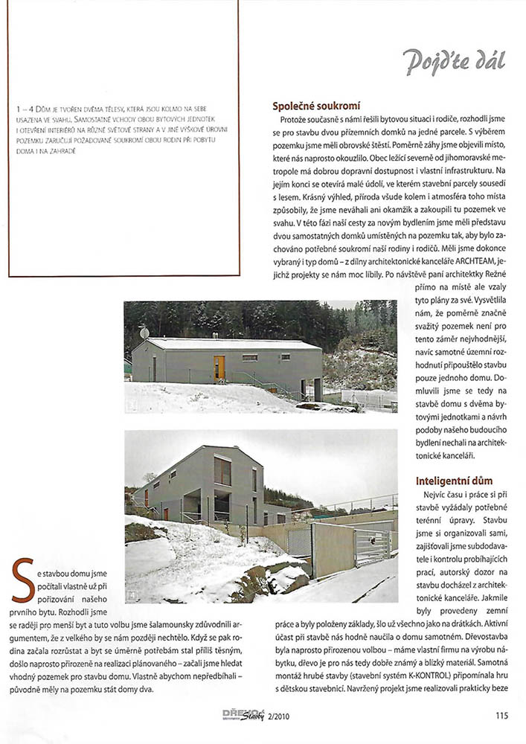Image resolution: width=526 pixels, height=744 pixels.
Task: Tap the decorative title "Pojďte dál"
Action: (454, 62)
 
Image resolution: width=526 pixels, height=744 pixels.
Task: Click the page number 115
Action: (501, 716)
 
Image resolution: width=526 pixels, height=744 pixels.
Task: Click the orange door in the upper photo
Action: (219, 367)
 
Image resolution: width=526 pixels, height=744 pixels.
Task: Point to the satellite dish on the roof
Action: (144, 333)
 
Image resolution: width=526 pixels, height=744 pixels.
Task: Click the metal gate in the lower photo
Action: (373, 547)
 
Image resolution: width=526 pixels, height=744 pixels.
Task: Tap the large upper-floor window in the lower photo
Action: (222, 470)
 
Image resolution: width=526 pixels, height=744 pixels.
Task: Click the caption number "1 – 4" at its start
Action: (24, 109)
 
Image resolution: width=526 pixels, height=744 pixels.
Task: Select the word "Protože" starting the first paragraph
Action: (295, 120)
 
